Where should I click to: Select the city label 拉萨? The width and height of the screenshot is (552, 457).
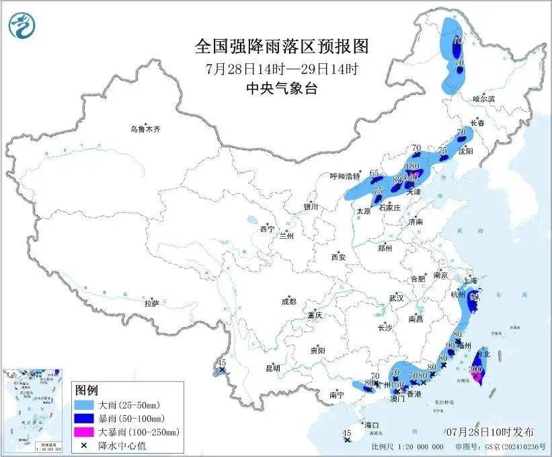[x=152, y=304]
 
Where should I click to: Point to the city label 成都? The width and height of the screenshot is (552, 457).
[x=288, y=302]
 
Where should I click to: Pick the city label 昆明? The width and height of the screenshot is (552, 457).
[x=272, y=368]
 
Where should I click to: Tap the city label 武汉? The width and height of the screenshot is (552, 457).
[x=396, y=297]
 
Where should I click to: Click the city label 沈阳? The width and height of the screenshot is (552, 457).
[x=465, y=151]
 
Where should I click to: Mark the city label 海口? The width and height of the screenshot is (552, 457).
[x=372, y=425]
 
